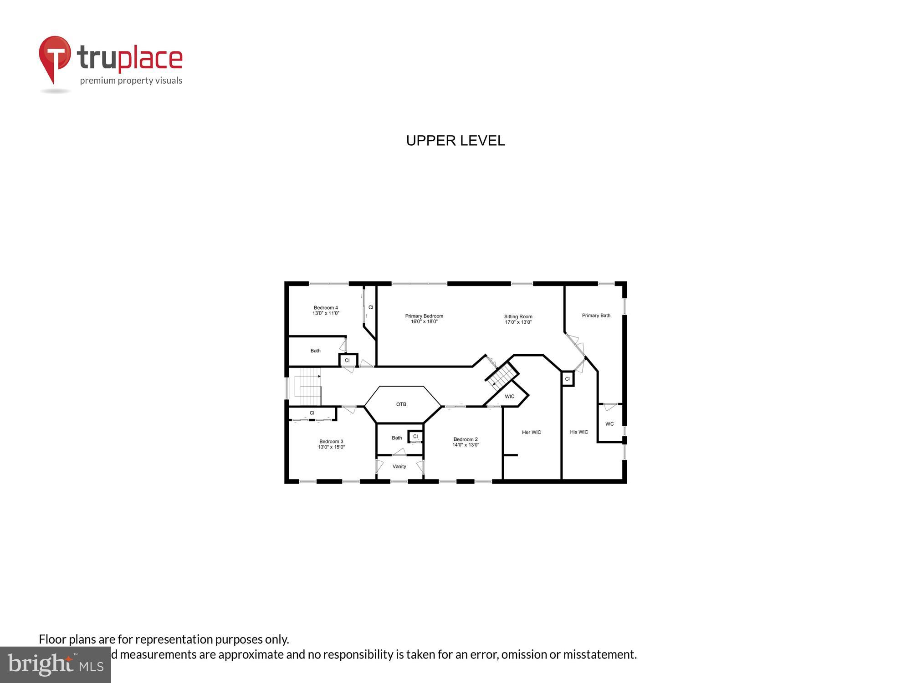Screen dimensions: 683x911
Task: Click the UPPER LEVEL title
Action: [x=455, y=141]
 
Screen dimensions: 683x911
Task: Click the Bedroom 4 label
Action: [x=326, y=308]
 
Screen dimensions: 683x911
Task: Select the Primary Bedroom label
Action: [x=424, y=316]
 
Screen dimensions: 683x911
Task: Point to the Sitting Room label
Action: [x=518, y=316]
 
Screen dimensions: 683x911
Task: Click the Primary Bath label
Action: [x=596, y=316]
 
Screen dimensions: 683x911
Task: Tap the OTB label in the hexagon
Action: [x=401, y=404]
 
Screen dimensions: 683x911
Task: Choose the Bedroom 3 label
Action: [x=331, y=441]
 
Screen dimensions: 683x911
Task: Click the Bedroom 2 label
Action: [x=466, y=439]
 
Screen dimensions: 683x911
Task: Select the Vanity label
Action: [x=399, y=466]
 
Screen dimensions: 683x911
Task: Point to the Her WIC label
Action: [x=531, y=432]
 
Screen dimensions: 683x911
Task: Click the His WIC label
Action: [x=579, y=432]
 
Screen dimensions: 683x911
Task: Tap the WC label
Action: [x=609, y=424]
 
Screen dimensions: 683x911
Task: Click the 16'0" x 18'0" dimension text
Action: [x=424, y=322]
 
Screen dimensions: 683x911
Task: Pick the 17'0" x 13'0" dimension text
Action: [x=518, y=322]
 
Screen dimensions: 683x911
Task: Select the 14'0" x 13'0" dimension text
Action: [x=466, y=445]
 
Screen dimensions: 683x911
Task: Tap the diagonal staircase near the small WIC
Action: [x=502, y=376]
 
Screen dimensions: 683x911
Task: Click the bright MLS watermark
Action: [x=56, y=665]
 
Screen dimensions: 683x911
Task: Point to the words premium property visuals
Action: [x=131, y=81]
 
